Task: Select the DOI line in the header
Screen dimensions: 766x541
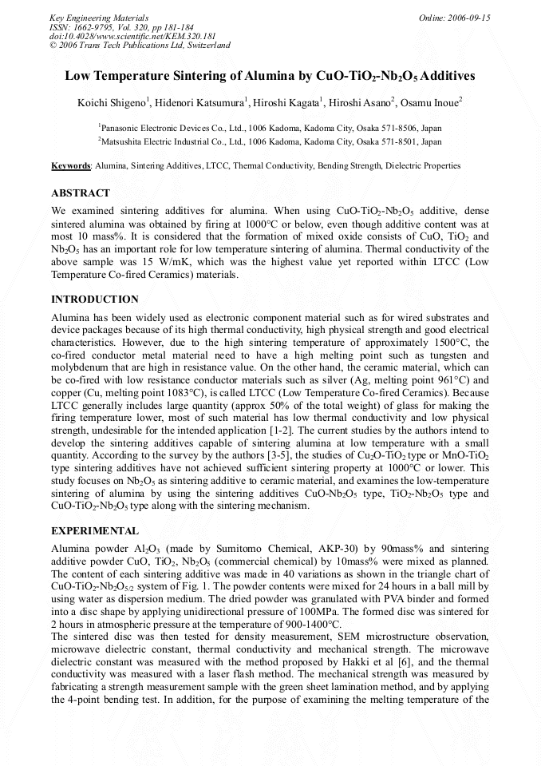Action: click(132, 36)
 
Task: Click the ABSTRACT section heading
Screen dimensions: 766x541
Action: click(81, 193)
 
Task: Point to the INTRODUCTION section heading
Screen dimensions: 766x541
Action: click(95, 300)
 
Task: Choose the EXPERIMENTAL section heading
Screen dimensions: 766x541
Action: click(95, 530)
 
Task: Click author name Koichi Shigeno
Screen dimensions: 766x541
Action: click(111, 101)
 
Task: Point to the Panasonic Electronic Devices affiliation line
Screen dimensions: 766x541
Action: click(270, 128)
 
